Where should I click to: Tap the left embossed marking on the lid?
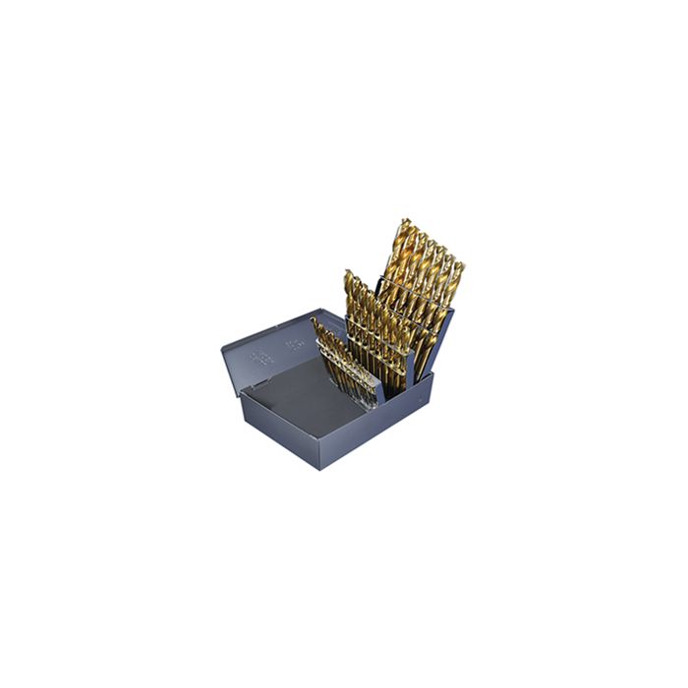pyautogui.click(x=261, y=354)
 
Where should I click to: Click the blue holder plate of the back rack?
pyautogui.click(x=437, y=339)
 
